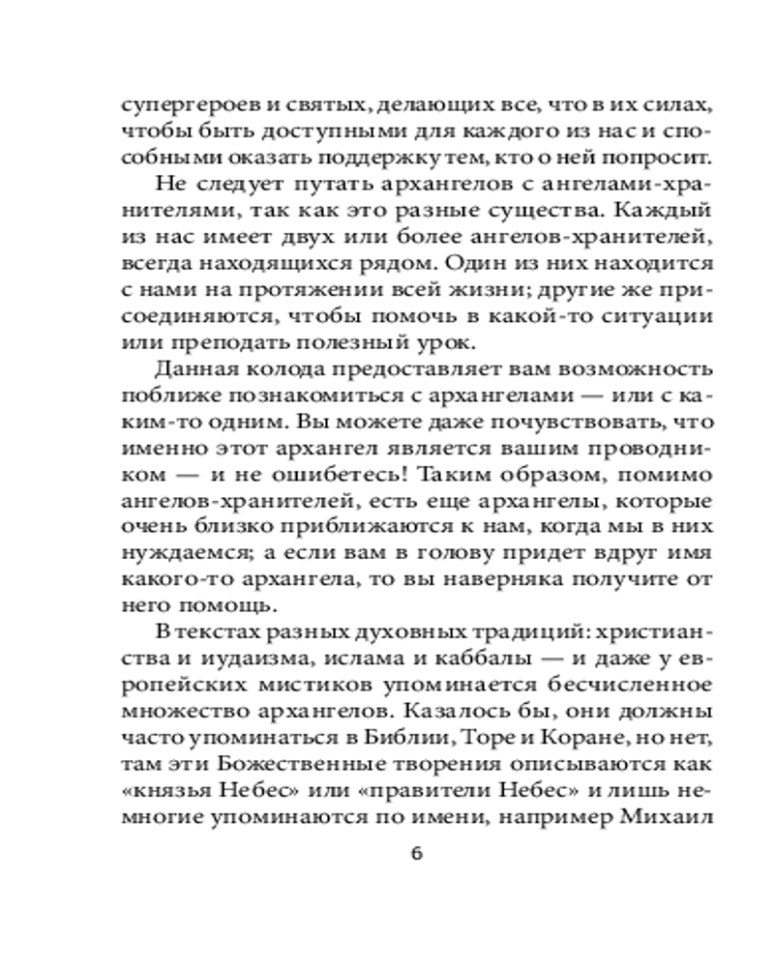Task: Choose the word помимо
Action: point(665,475)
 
